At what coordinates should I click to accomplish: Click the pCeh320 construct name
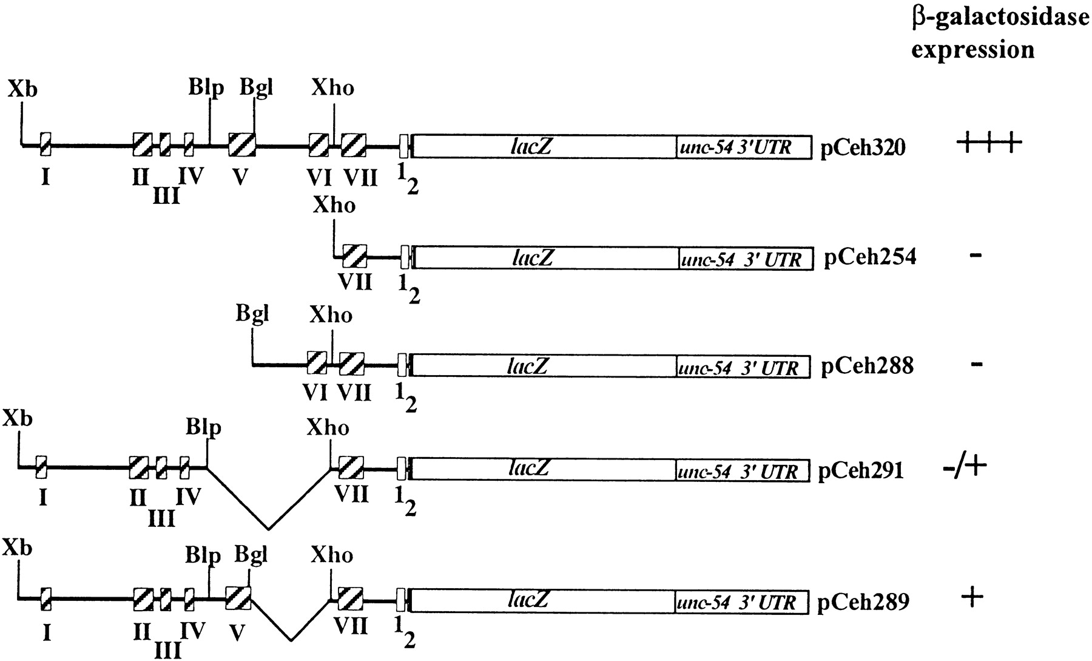863,148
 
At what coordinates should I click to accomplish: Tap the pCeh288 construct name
867,367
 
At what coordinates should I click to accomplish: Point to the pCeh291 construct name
861,471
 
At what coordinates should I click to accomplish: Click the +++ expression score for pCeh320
989,144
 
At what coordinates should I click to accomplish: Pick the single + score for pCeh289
972,598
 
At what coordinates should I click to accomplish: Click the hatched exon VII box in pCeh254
355,257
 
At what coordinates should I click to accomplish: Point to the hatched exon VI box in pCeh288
317,364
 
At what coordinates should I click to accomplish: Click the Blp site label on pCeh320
206,88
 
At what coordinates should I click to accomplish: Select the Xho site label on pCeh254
334,205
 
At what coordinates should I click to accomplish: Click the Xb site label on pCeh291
18,419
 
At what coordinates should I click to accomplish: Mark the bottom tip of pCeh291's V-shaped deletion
268,529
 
